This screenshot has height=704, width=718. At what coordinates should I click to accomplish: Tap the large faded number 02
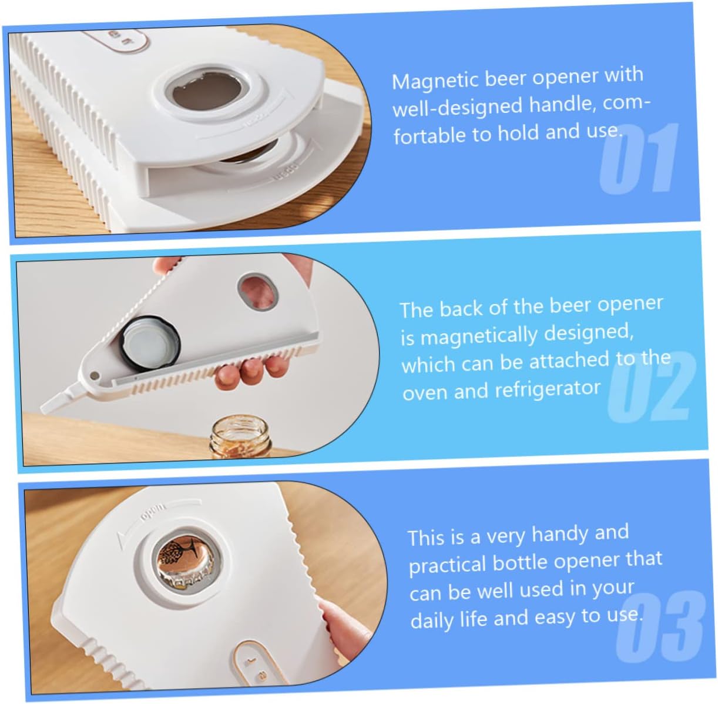[651, 386]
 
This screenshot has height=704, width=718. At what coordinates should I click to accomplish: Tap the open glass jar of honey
[240, 437]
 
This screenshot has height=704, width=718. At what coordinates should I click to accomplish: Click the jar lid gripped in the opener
[150, 344]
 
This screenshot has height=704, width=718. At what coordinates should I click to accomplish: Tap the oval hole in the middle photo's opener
[257, 292]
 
